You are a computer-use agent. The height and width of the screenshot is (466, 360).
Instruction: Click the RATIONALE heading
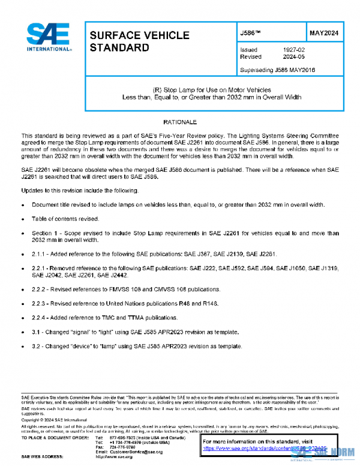point(179,122)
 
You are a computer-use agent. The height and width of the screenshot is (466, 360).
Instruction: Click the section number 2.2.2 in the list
point(40,289)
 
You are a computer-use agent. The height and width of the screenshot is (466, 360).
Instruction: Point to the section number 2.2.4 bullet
point(40,318)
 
